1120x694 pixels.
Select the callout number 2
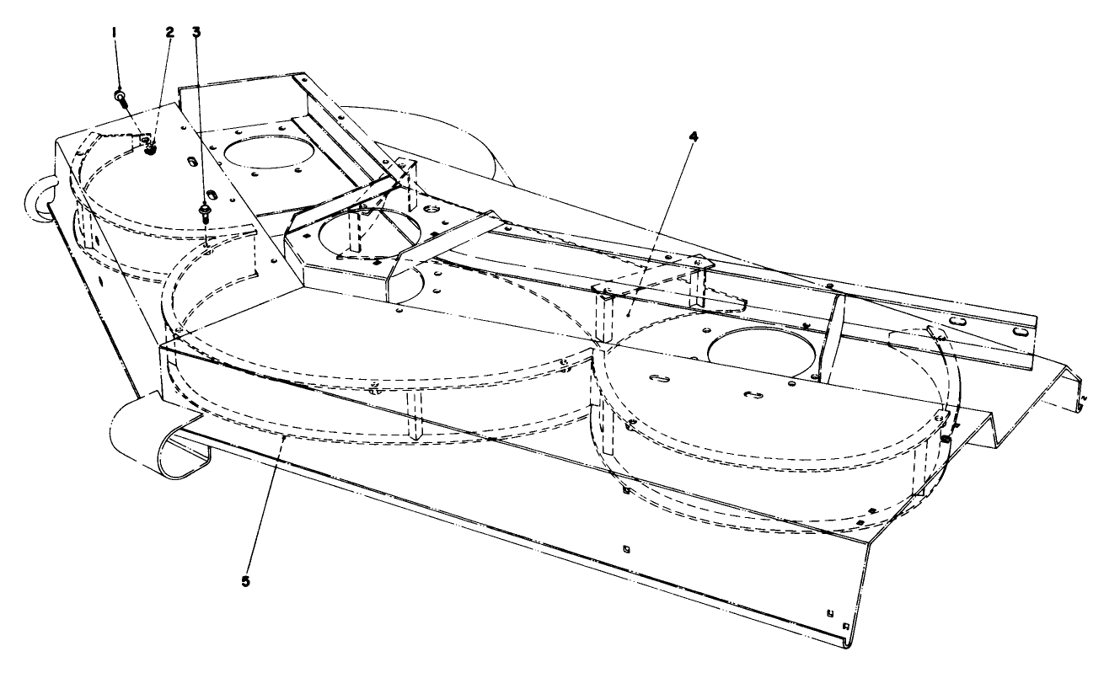pyautogui.click(x=169, y=33)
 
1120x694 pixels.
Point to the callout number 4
pyautogui.click(x=692, y=136)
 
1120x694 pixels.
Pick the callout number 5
pyautogui.click(x=245, y=581)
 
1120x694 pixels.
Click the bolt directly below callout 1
pyautogui.click(x=121, y=99)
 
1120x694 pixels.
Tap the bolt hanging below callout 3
pyautogui.click(x=205, y=211)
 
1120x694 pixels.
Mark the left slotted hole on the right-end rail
pyautogui.click(x=957, y=321)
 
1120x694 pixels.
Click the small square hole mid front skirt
pyautogui.click(x=624, y=549)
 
